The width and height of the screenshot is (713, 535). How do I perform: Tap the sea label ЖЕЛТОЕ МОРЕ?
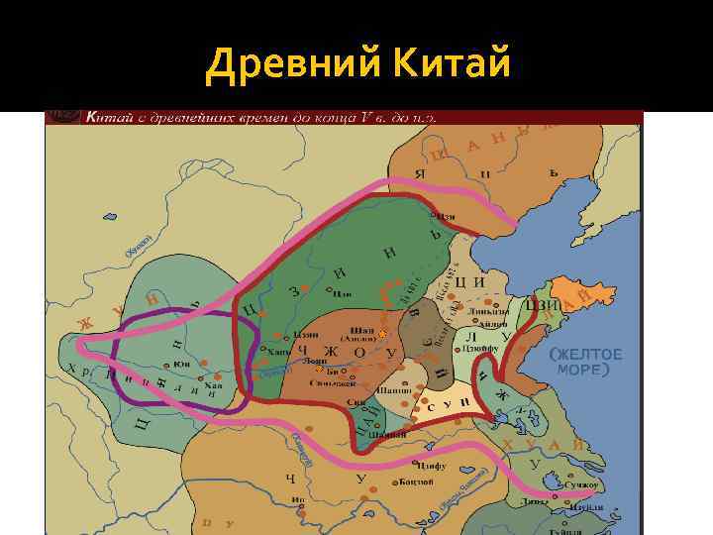586,362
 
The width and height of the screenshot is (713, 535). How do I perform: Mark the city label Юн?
181,364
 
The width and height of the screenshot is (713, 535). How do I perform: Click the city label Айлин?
497,325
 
